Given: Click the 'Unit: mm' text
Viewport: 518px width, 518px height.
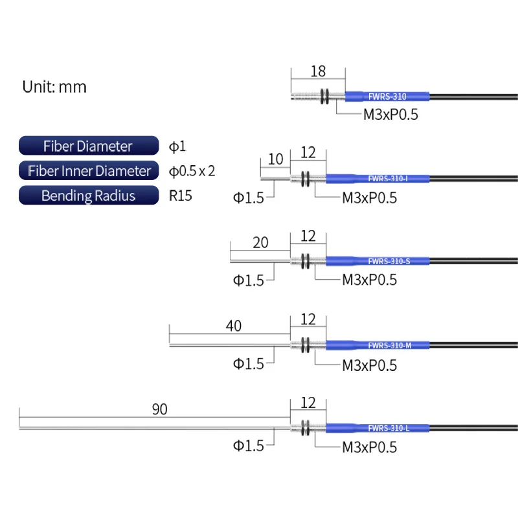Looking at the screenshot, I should click(x=54, y=87).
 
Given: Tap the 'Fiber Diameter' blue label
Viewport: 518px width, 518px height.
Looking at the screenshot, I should click(x=88, y=146).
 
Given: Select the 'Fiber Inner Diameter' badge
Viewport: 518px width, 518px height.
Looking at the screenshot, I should click(x=89, y=171).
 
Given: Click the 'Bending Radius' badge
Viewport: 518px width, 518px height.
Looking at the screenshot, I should click(x=88, y=196).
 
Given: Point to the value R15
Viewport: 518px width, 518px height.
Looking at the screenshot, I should click(x=181, y=196).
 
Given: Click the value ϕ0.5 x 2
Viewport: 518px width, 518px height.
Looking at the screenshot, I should click(x=192, y=171).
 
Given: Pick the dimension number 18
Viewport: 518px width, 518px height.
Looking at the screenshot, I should click(x=318, y=72).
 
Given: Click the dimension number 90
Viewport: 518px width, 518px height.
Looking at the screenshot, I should click(x=159, y=409).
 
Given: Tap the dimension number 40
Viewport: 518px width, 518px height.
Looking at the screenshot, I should click(x=233, y=326).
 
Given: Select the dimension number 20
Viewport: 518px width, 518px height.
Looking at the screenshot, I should click(x=260, y=243).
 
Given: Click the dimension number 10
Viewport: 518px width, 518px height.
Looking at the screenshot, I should click(x=275, y=159).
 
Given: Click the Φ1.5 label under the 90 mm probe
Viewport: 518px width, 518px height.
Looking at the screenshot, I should click(x=249, y=446).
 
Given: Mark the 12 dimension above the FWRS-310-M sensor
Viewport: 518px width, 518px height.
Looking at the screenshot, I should click(x=308, y=319).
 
